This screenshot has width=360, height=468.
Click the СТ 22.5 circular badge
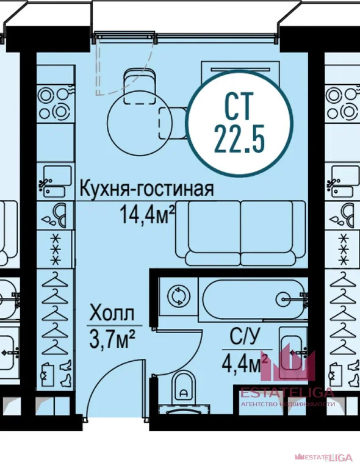click(x=239, y=123)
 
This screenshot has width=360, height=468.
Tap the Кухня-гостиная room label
click(x=147, y=189)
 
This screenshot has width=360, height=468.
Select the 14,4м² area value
click(x=147, y=215)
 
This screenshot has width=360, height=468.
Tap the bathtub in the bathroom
click(x=254, y=298)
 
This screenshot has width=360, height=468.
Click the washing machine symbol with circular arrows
click(x=179, y=297)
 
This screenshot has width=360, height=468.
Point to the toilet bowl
click(x=184, y=388)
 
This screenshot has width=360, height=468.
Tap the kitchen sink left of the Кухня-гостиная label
click(x=57, y=181)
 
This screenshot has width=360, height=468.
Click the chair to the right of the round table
click(x=173, y=123)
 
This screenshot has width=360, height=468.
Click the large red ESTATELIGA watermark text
click(x=287, y=393)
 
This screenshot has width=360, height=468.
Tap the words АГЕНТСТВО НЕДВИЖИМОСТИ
click(x=288, y=404)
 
